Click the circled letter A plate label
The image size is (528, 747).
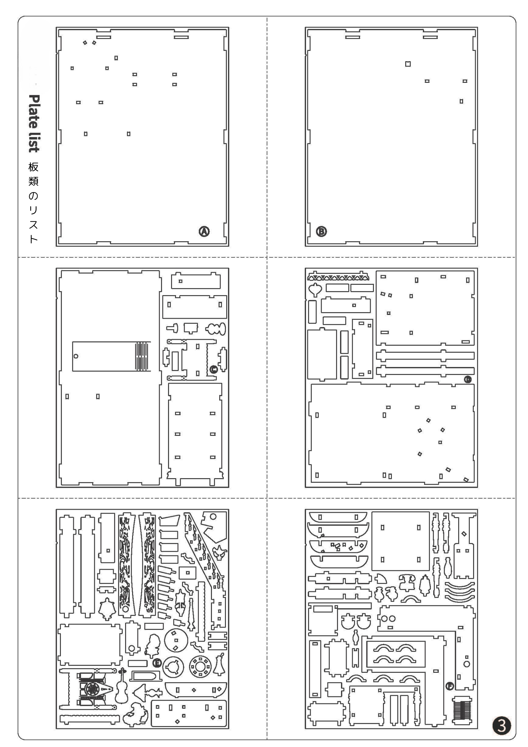point(204,231)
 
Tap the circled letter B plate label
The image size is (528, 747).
point(321,231)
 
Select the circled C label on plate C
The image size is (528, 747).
point(213,369)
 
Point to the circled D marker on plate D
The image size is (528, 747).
point(467,379)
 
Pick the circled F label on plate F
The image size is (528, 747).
point(449,686)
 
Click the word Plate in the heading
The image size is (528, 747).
point(34,112)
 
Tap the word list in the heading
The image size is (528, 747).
point(34,142)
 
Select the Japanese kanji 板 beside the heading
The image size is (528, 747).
point(33,167)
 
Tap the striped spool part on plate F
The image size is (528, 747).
point(461,708)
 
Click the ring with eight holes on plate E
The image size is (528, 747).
point(200,667)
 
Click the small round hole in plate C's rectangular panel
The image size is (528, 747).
point(76,356)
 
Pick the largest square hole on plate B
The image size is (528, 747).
point(408,64)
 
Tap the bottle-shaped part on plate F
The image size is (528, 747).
point(448,570)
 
